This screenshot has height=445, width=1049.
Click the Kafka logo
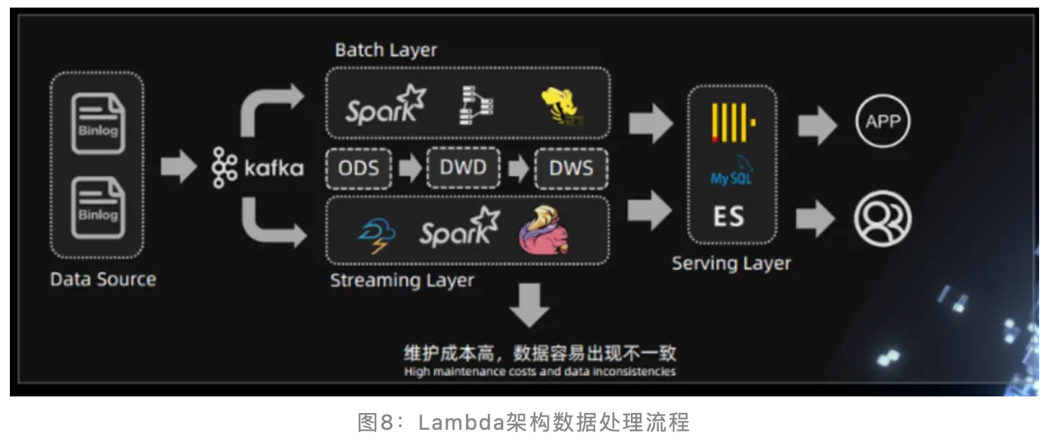258,168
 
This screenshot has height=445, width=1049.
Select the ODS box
359,169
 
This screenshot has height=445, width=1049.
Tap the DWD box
463,168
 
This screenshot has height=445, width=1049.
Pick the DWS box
572,169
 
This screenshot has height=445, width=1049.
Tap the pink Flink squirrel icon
543,229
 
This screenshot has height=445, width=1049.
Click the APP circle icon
883,122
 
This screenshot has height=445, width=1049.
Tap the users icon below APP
882,218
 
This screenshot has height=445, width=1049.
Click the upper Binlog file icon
97,123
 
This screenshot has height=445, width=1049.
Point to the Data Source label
103,279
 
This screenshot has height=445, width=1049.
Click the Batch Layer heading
386,50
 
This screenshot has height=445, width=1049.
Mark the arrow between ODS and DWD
410,169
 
